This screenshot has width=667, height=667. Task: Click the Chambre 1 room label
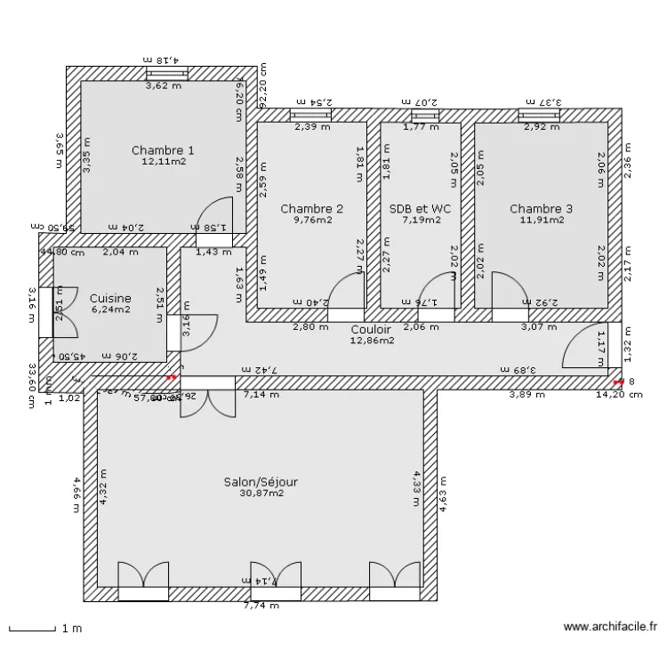click(163, 150)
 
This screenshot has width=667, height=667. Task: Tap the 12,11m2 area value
click(163, 162)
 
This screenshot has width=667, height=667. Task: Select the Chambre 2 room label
click(311, 209)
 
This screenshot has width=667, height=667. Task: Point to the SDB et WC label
click(421, 209)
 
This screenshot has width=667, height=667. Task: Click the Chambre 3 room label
click(541, 209)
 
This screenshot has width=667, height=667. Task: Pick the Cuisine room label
click(110, 299)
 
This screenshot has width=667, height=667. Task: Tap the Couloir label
click(371, 329)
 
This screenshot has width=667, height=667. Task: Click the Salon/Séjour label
click(261, 482)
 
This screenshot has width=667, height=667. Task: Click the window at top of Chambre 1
click(167, 73)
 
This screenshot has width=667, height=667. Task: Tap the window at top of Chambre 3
click(540, 115)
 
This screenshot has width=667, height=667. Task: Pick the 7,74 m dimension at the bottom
click(261, 607)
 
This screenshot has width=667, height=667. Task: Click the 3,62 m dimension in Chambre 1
click(164, 86)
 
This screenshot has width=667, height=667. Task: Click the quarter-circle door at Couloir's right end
click(583, 346)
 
